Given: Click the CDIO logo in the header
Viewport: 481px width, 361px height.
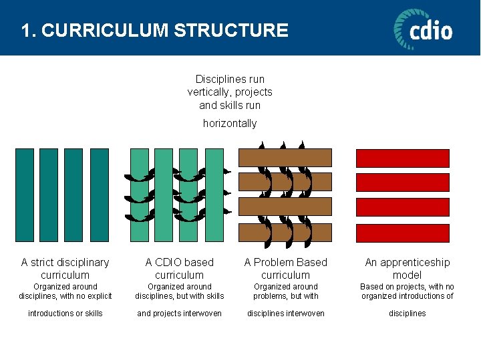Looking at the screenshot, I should point(423,29).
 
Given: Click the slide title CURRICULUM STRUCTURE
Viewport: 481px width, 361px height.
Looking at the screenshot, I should point(154,30).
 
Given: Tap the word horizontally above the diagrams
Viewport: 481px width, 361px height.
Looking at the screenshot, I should point(230,124).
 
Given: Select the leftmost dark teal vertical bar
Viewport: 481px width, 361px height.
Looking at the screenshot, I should point(25,195).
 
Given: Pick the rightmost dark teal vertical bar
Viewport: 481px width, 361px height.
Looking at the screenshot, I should point(99,195).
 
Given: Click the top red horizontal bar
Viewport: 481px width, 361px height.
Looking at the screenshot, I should point(402,158).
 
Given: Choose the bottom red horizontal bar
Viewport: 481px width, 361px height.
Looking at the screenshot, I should point(402,233).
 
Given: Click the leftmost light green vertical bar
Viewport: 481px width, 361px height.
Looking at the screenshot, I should point(140,195).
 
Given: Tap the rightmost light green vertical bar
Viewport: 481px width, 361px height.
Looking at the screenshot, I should point(214,195).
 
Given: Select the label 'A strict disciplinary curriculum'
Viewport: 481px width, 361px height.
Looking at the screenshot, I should point(65,269).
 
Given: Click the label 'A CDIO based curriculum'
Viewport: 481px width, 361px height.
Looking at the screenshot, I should point(179,269).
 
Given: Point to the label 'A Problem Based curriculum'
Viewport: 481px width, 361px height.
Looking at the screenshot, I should point(286,269).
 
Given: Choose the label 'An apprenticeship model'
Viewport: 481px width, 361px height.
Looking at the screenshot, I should point(407,269).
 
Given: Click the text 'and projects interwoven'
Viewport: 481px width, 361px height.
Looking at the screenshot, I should point(179,314).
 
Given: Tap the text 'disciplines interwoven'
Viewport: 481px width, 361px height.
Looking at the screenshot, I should point(286,314).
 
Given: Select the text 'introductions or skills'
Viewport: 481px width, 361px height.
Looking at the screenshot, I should point(65,314).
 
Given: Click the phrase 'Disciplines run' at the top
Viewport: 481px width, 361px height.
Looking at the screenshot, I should point(230,80).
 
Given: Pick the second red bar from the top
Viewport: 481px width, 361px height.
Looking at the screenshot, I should point(402,183).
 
